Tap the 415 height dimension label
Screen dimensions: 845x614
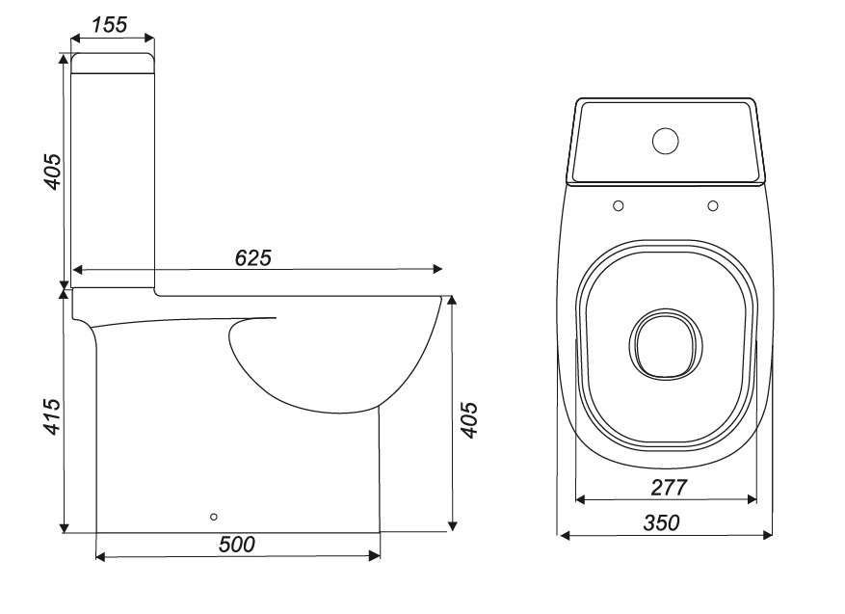[53, 415]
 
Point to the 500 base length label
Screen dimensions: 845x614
[236, 545]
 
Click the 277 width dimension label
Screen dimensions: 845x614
[668, 488]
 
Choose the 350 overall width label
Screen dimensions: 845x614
[662, 523]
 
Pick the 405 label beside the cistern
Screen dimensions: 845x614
[53, 171]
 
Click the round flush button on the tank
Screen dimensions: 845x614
[665, 141]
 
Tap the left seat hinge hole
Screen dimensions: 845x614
[618, 205]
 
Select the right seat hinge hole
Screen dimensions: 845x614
[713, 205]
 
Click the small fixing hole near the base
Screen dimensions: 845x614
[214, 517]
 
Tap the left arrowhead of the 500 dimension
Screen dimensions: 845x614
[101, 556]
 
